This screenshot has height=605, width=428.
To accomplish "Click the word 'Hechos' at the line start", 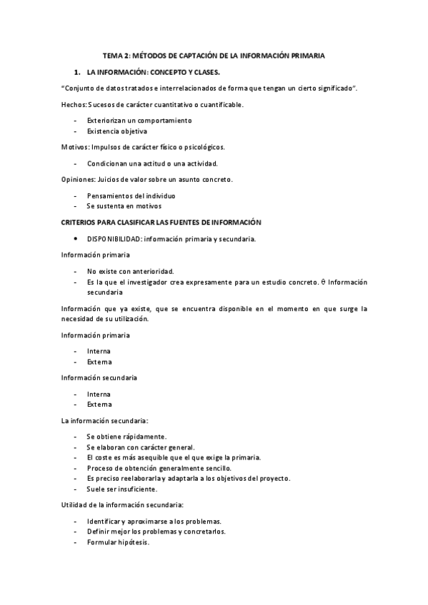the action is click(x=73, y=105).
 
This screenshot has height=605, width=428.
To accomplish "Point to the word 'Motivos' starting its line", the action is click(x=74, y=147).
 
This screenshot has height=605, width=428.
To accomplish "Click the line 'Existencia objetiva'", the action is click(x=117, y=131).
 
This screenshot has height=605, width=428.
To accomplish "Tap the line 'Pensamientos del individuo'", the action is click(x=131, y=195).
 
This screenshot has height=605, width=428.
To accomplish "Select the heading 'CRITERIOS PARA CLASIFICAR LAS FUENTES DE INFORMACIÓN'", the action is click(x=161, y=223).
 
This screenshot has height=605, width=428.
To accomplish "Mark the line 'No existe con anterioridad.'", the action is click(x=130, y=271).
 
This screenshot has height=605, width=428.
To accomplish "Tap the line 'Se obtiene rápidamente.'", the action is click(x=126, y=436).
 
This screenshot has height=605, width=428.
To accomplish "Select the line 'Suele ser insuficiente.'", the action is click(x=122, y=489).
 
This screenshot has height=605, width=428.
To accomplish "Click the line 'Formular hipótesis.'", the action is click(x=119, y=542).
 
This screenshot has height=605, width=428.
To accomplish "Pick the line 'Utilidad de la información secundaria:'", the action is click(x=123, y=505).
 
